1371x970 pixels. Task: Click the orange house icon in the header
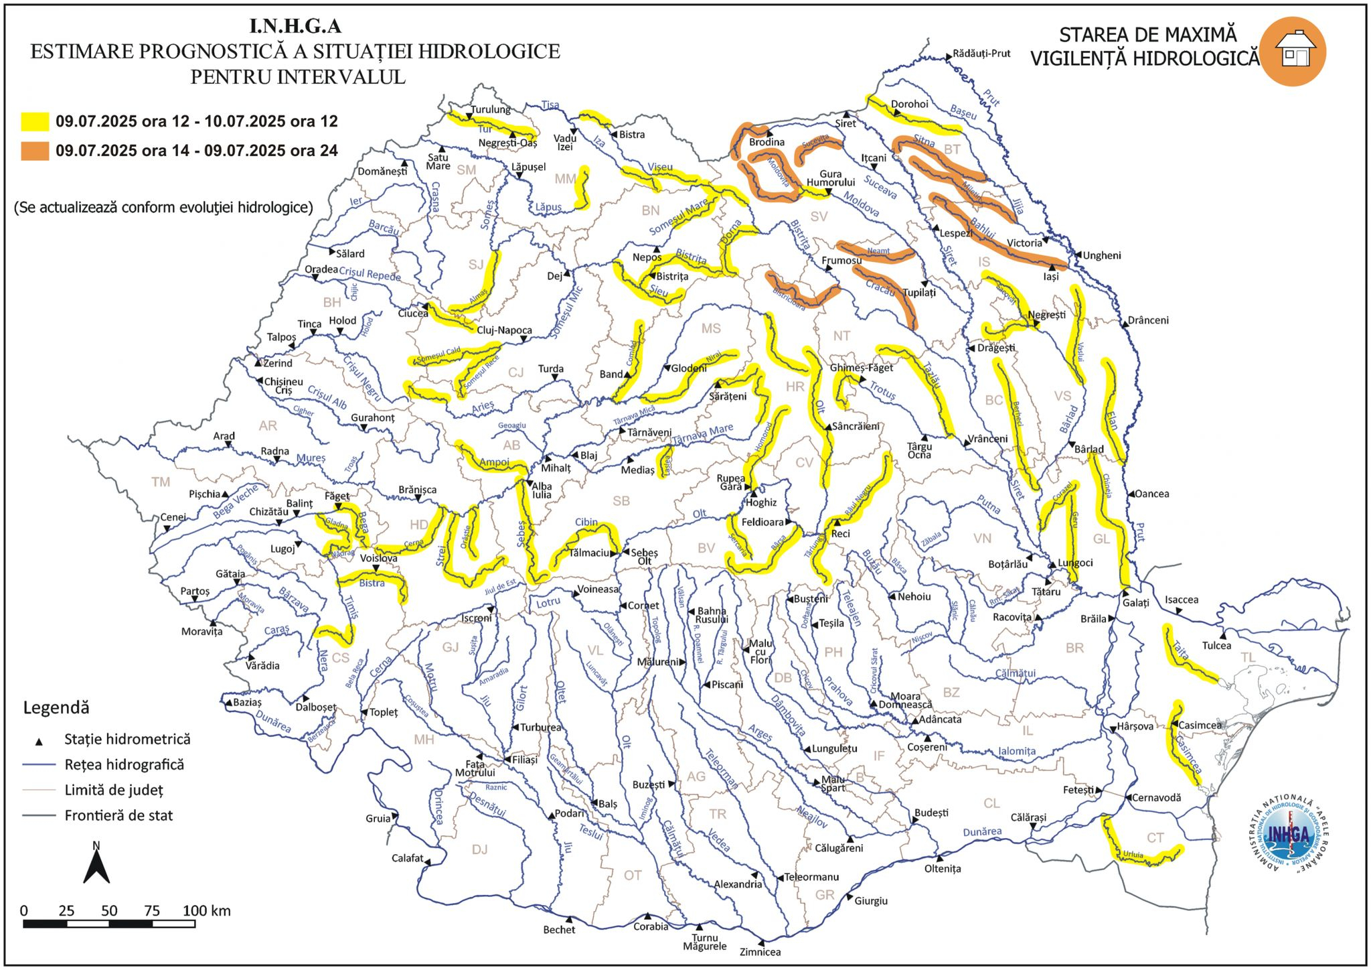1291,52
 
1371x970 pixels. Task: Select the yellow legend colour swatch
35,121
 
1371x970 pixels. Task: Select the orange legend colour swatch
35,151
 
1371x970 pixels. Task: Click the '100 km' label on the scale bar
206,911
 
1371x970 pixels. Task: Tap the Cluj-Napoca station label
504,330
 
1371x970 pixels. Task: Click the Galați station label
1135,603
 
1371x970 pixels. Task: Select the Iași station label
1051,276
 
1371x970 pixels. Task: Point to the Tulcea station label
1216,646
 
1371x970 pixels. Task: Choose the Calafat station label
408,858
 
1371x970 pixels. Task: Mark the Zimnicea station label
760,952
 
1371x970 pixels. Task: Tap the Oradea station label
321,269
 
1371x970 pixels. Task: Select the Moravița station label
201,632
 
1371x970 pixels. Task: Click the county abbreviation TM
161,482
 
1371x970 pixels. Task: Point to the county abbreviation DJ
479,849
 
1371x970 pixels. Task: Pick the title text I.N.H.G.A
295,26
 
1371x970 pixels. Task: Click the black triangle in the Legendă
39,742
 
